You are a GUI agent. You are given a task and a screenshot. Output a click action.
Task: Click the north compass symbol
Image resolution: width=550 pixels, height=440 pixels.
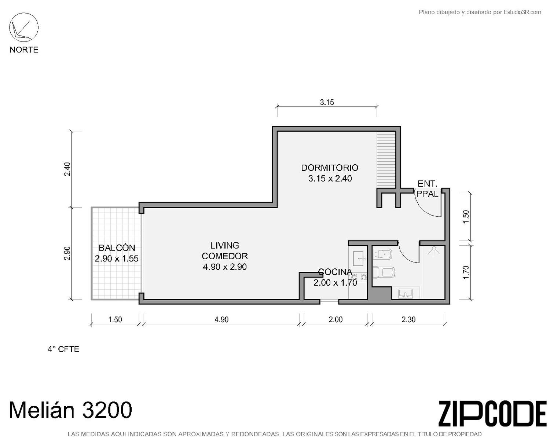[24, 27]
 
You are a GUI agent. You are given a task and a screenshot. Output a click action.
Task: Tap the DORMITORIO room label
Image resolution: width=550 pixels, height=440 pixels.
[330, 168]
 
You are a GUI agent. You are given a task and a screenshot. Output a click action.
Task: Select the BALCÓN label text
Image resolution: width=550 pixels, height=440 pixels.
[117, 248]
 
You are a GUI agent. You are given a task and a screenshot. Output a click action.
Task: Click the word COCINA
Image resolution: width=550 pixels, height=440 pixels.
[335, 272]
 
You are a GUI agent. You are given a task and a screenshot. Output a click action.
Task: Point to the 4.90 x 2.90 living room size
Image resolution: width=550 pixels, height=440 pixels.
[225, 267]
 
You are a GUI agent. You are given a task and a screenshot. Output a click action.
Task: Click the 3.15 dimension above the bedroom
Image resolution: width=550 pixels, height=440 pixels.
[327, 103]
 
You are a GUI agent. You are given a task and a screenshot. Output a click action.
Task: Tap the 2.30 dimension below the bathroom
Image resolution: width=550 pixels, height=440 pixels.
[408, 319]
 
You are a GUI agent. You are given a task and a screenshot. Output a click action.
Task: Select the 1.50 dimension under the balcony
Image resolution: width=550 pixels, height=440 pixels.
[115, 320]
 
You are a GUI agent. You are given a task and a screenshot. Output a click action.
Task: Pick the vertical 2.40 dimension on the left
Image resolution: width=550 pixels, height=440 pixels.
[67, 169]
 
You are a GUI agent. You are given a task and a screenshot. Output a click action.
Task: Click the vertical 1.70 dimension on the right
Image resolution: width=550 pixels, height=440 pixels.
[466, 272]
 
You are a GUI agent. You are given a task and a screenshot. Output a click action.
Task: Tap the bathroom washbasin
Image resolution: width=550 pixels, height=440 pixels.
[406, 293]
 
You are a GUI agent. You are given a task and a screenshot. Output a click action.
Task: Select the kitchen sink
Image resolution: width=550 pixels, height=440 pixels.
[358, 259]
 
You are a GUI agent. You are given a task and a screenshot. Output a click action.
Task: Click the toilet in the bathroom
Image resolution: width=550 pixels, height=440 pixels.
[384, 272]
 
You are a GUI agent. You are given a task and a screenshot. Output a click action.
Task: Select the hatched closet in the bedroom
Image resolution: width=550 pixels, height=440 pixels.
[386, 160]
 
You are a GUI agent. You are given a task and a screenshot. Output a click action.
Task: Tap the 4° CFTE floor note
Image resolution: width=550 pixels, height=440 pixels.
[63, 349]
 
